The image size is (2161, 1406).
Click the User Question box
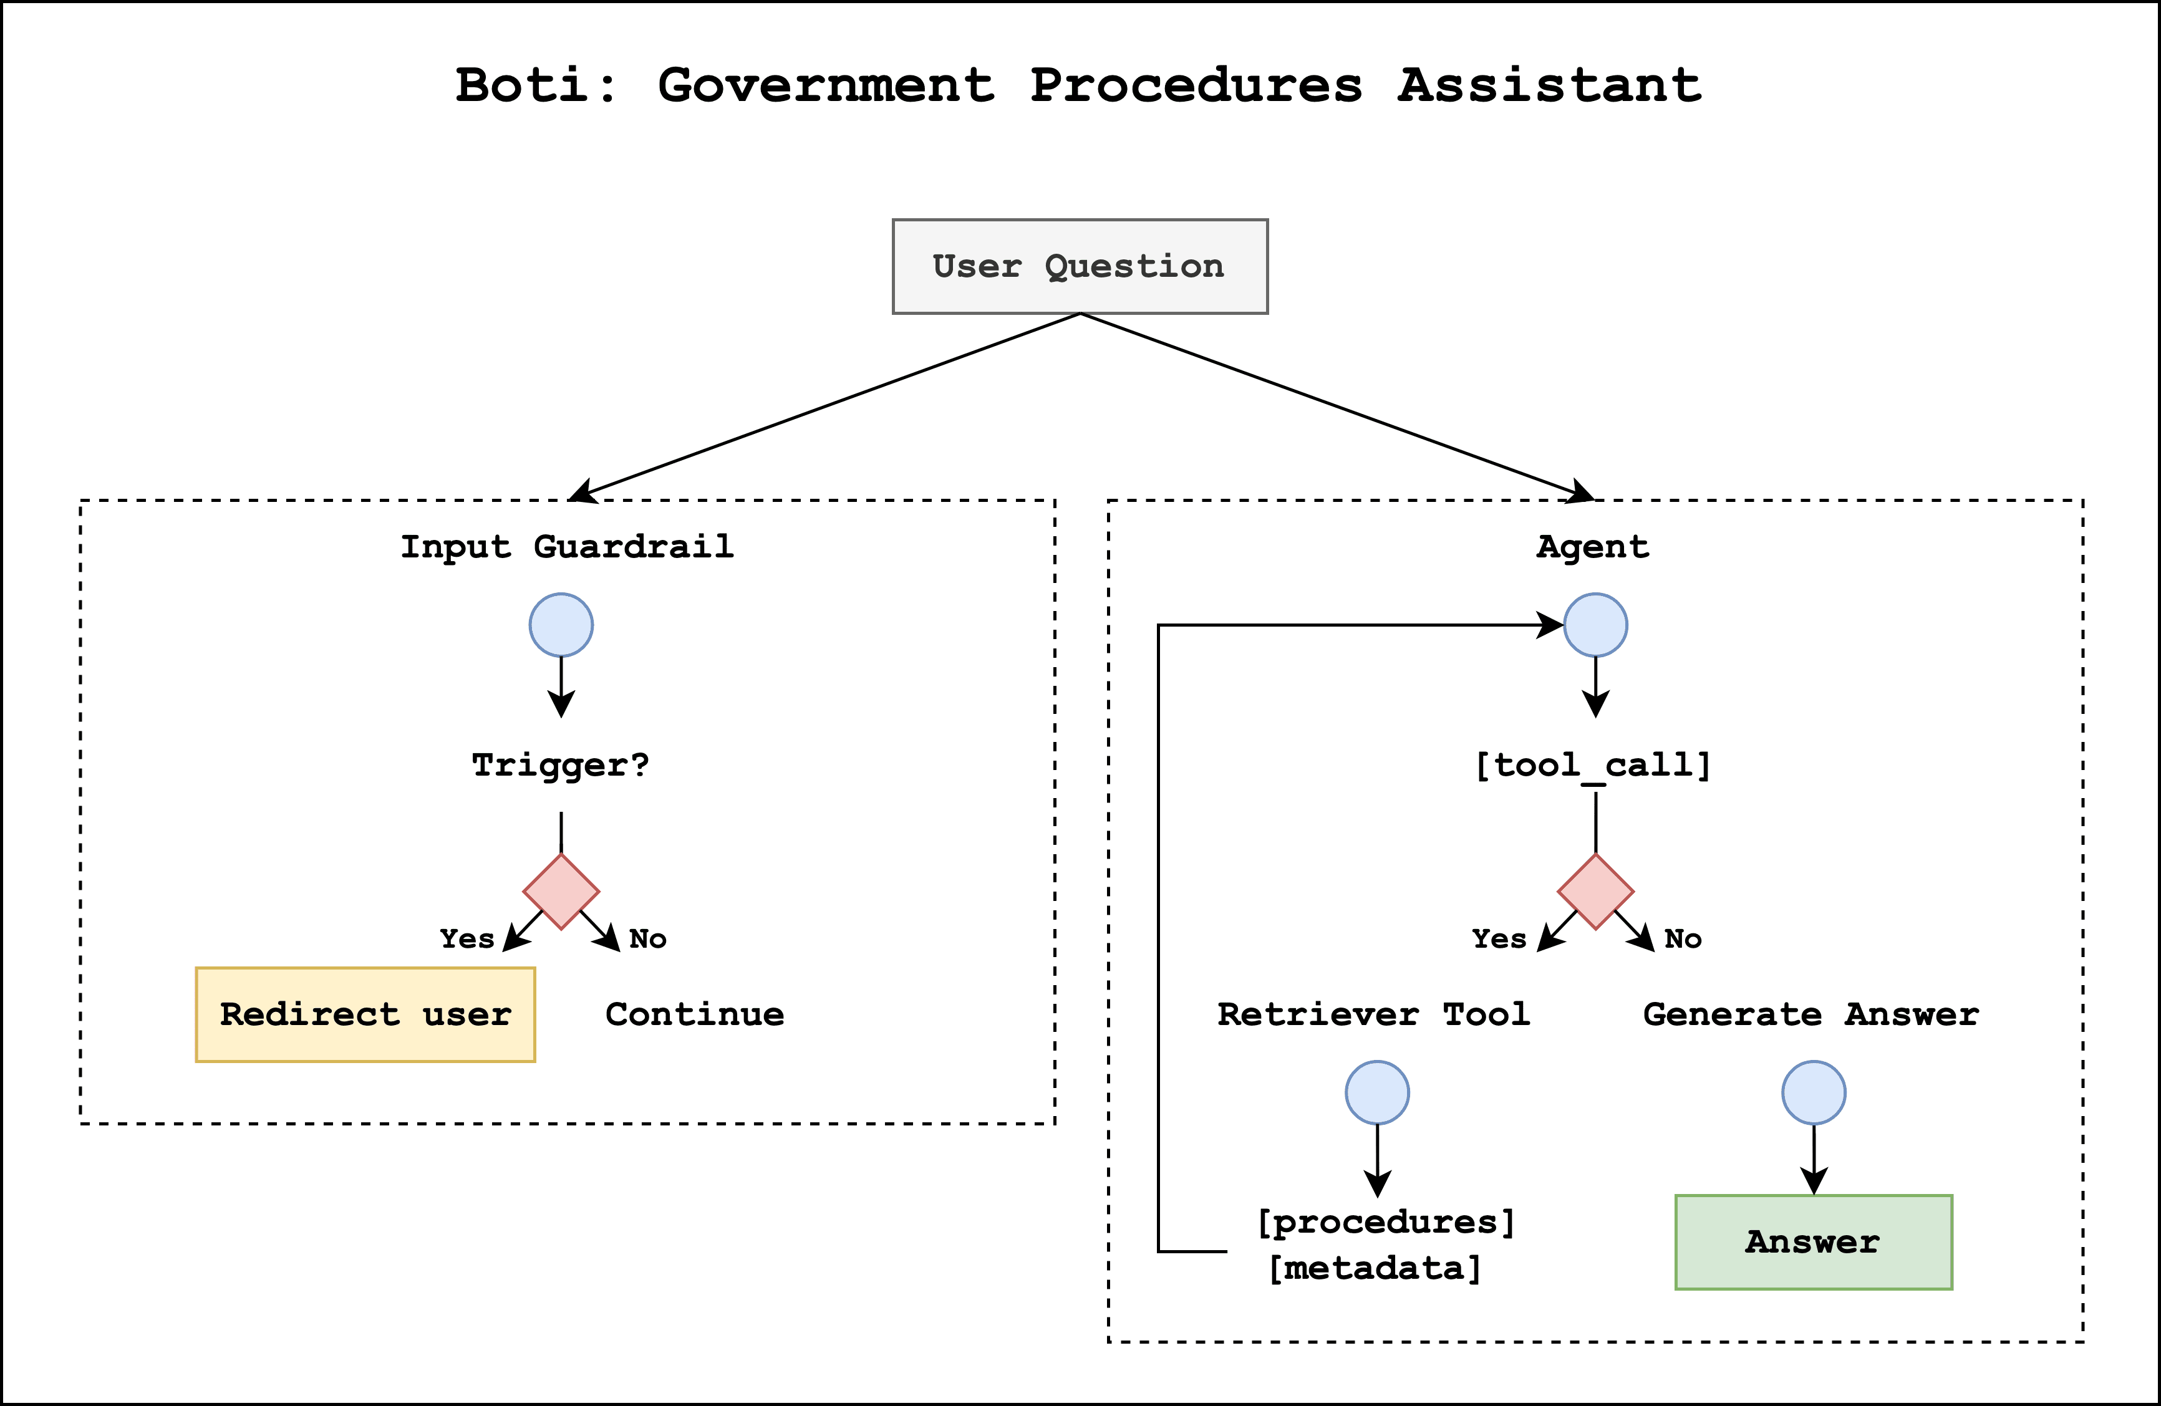1080,266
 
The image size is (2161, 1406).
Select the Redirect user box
365,1014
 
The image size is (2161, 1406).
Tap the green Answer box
1813,1242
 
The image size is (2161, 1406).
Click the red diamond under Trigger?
561,892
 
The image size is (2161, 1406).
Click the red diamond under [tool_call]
1595,892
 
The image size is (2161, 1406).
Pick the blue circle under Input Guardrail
561,625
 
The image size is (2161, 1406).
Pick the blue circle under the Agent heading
1595,625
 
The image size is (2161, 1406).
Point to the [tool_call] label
1593,764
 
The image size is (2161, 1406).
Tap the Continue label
695,1014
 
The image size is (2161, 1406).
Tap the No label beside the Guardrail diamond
647,938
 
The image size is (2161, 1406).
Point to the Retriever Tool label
1373,1014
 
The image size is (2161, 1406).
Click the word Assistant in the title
1548,85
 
